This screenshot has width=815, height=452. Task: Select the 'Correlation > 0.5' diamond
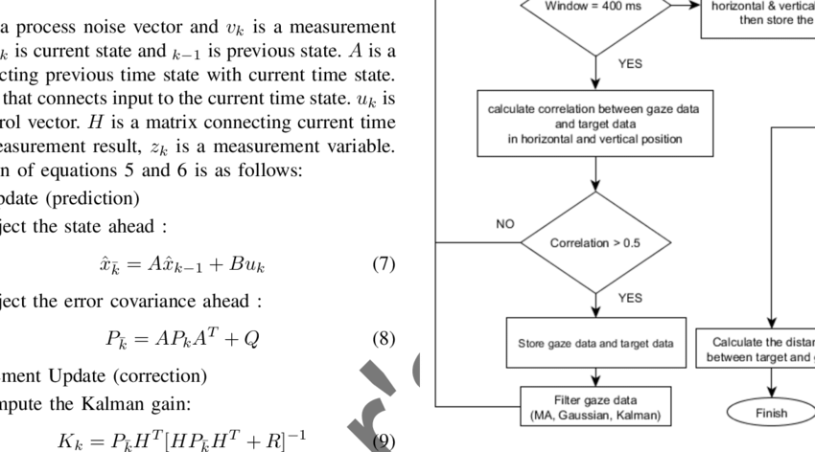coord(595,243)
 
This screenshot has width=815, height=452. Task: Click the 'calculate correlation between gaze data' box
coord(595,124)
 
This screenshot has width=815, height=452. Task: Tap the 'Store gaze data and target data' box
coord(595,343)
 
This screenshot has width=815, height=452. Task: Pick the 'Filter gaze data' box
coord(595,407)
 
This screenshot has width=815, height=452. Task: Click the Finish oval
coord(771,413)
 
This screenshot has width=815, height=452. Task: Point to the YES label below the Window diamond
coord(630,64)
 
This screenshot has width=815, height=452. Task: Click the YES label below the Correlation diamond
coord(630,298)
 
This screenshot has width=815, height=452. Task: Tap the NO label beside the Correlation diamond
coord(505,224)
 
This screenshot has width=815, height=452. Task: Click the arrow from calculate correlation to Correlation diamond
coord(595,174)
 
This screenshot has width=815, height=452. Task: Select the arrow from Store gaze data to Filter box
coord(595,377)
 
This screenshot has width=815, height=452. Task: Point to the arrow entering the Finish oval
coord(771,384)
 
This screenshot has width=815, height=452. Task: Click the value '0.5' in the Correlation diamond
coord(632,243)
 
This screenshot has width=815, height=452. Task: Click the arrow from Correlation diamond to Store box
coord(595,305)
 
